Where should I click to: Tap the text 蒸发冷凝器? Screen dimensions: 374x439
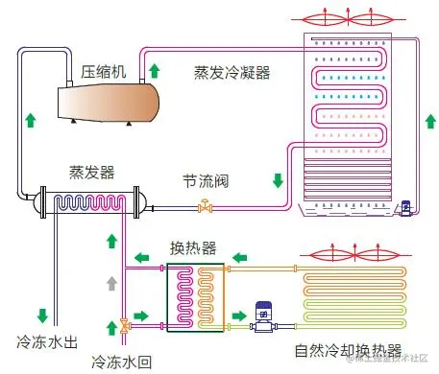[232, 72]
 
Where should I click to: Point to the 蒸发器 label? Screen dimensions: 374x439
[91, 172]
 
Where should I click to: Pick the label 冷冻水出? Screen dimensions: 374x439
[44, 341]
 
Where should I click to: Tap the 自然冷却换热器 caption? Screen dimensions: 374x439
[347, 349]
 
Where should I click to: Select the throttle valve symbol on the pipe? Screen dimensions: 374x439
[205, 204]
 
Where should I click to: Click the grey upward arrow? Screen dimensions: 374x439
[112, 283]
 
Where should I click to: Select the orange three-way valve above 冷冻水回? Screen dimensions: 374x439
[124, 326]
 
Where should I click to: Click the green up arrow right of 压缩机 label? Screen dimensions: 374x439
[154, 71]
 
